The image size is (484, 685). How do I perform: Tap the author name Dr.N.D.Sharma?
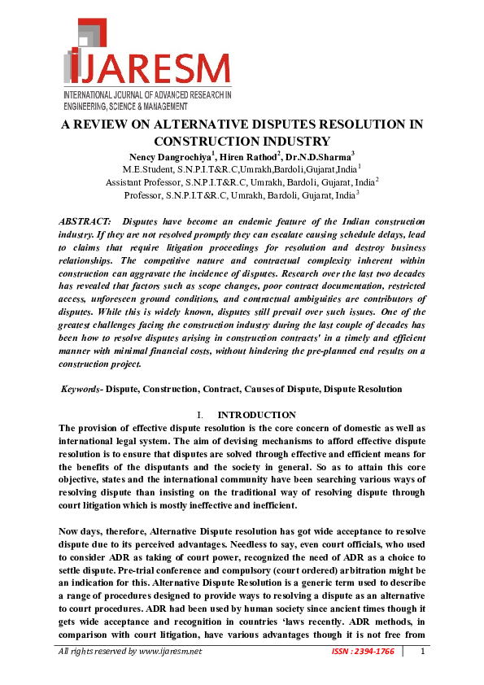pos(305,155)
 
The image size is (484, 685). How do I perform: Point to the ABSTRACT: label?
pos(86,222)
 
